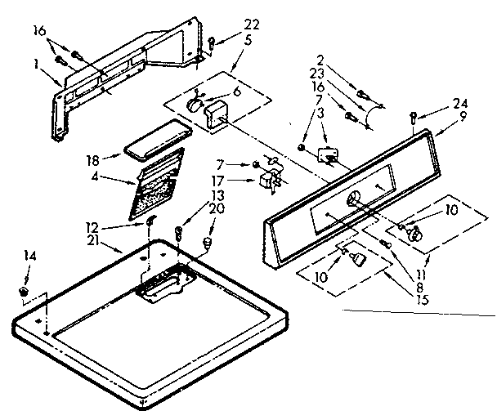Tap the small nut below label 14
[24, 290]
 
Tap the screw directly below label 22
[211, 41]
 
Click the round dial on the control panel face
[352, 199]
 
